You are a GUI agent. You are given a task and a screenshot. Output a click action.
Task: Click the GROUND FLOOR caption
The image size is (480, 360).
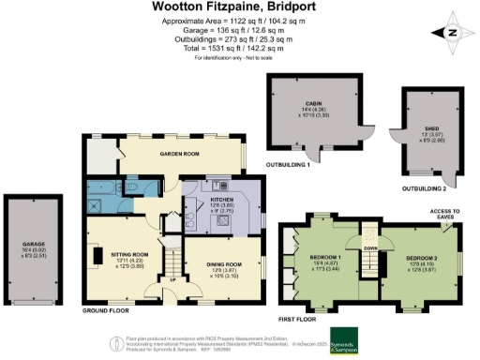(x=104, y=308)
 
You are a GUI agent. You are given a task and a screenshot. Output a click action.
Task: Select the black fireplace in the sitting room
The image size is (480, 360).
(x=97, y=256)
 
